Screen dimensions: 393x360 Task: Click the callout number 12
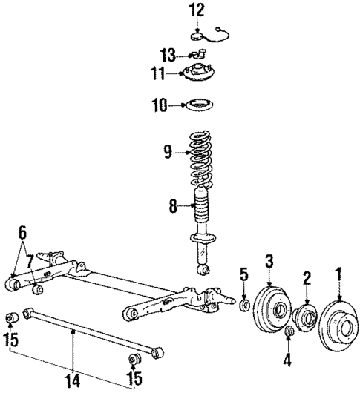[195, 10]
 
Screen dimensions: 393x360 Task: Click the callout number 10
[160, 106]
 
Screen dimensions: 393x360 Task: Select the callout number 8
[173, 207]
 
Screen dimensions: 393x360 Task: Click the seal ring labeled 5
[244, 305]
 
